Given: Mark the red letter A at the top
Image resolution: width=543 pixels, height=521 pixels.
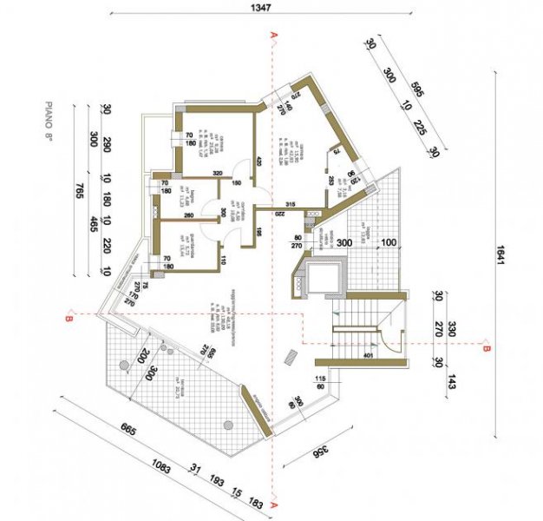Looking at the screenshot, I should click(x=274, y=35).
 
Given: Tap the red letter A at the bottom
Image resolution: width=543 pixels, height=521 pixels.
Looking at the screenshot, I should click(x=274, y=505).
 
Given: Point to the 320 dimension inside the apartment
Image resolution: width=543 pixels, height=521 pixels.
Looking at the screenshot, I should click(x=194, y=172).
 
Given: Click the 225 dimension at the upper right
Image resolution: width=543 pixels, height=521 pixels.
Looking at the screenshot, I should click(x=418, y=127).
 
